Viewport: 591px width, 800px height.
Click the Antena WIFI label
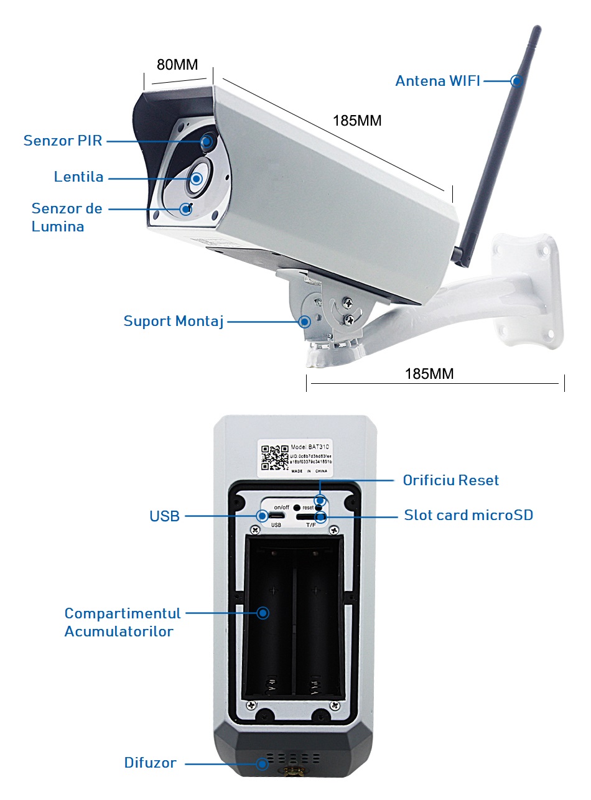[437, 81]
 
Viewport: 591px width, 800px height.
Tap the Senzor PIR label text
[62, 141]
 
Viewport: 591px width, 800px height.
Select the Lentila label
[78, 177]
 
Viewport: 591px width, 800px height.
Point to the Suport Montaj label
[173, 322]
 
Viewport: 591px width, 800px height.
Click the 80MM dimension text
[177, 65]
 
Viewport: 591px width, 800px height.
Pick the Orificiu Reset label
[450, 480]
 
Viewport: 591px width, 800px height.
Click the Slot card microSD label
[468, 515]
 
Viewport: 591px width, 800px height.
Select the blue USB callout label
[164, 516]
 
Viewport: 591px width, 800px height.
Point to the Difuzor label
[150, 763]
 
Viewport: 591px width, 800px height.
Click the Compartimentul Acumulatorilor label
[123, 622]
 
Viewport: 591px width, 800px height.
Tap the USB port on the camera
[277, 516]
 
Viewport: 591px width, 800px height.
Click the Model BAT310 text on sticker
[310, 447]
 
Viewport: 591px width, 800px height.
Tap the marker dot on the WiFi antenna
[516, 81]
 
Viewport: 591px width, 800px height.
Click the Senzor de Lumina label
[67, 217]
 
